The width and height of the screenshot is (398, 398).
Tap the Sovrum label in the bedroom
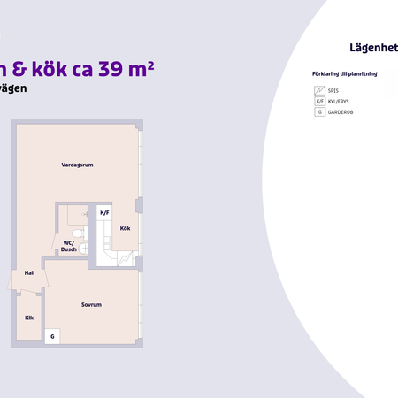[x=91, y=304]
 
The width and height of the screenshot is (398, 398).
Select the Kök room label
[x=125, y=228]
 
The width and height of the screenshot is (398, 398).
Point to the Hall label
[x=29, y=272]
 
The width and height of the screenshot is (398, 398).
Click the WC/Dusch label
[x=68, y=246]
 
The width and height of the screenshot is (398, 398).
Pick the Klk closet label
[x=28, y=317]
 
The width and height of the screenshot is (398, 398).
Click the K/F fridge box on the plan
[x=104, y=213]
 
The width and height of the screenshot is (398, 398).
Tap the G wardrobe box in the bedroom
[x=52, y=337]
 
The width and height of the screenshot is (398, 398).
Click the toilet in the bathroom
[x=80, y=234]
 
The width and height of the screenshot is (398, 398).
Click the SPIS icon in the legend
[x=320, y=90]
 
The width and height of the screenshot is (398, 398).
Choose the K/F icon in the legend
[x=320, y=102]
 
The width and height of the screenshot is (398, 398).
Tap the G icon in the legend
[x=320, y=113]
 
